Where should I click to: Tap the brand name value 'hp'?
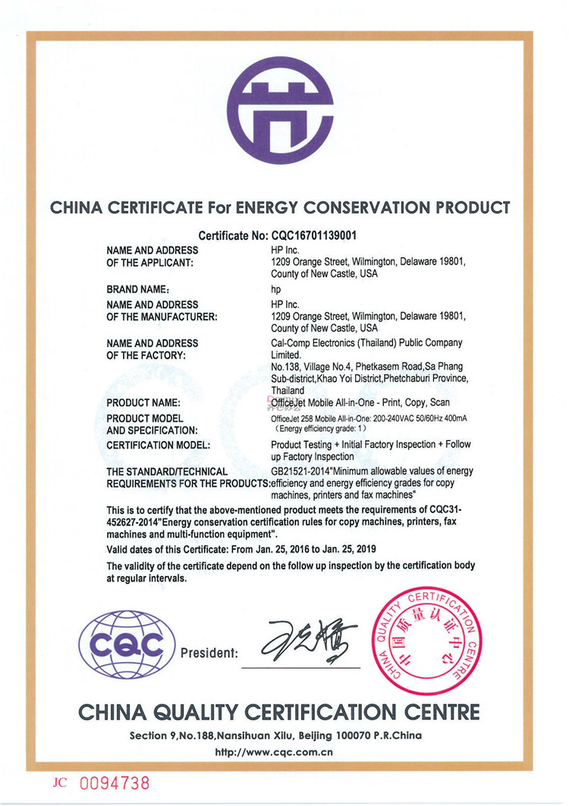click(x=276, y=289)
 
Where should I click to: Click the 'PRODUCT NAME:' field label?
click(x=143, y=402)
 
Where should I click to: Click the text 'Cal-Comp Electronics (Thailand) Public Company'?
click(x=366, y=343)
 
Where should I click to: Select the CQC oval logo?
click(x=127, y=644)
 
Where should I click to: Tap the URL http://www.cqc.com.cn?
click(x=275, y=754)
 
